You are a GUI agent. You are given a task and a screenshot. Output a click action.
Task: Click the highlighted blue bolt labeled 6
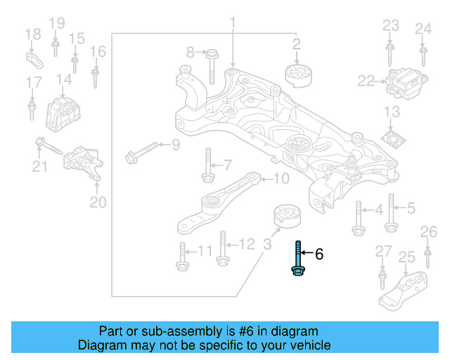[x=298, y=259]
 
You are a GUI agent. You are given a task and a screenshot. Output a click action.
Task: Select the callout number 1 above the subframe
[x=231, y=25]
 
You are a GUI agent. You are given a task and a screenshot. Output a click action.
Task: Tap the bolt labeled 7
[x=207, y=167]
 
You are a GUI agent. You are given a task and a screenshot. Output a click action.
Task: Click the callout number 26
[x=428, y=232]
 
